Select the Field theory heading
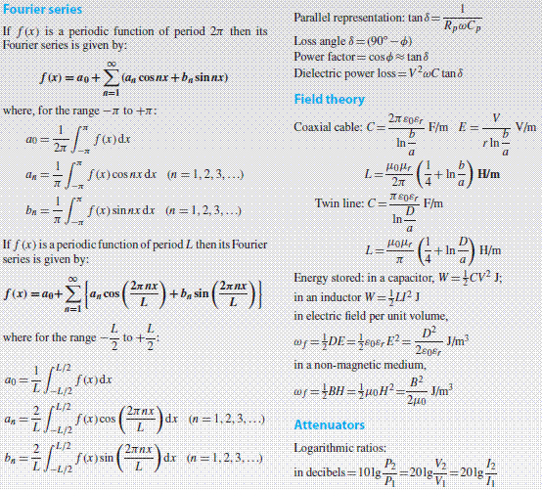(x=330, y=100)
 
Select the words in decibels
(x=326, y=473)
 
